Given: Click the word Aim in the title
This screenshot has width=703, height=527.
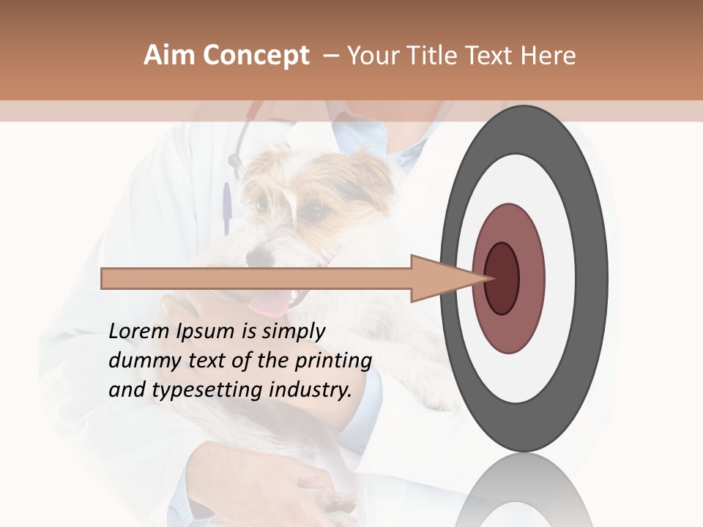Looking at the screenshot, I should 169,56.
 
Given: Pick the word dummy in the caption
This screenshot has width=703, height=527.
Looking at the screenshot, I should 138,361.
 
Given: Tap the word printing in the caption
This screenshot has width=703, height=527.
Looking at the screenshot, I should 333,362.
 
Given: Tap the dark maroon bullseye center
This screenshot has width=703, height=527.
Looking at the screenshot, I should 502,279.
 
